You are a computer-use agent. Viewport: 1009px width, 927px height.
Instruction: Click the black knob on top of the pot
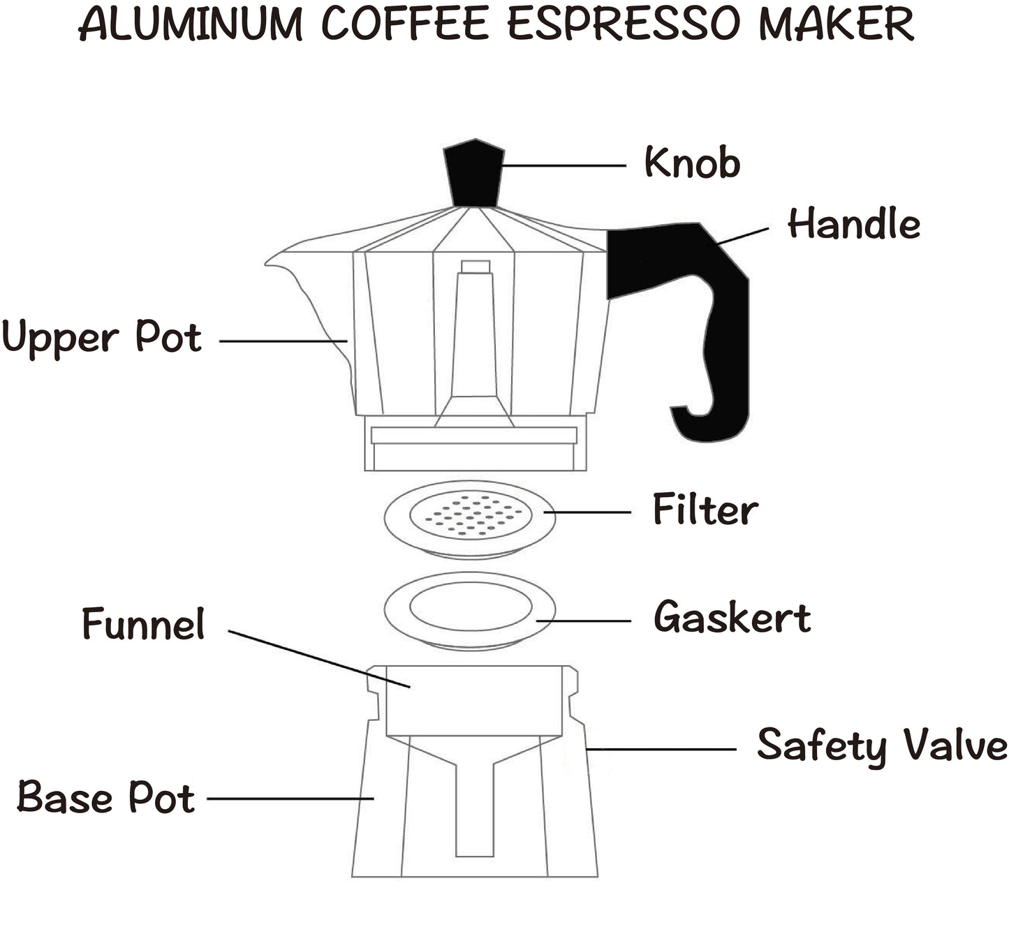[x=474, y=173]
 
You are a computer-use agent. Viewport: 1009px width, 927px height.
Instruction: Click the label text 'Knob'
[x=691, y=163]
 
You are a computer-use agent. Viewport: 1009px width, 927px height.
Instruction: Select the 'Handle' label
[x=853, y=225]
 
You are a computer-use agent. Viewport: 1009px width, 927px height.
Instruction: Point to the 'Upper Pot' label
[x=102, y=338]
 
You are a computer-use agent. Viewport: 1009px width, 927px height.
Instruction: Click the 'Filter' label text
[x=705, y=510]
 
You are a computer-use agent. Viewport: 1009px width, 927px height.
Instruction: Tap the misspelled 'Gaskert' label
[x=732, y=618]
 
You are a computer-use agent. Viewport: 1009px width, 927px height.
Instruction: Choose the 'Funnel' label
[x=143, y=623]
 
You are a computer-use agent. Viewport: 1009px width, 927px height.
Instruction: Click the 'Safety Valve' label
[x=882, y=746]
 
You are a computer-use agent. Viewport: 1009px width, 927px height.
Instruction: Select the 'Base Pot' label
[x=105, y=797]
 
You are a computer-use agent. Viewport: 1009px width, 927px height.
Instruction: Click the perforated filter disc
[x=470, y=517]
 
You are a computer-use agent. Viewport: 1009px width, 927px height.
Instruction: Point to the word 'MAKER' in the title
[x=836, y=24]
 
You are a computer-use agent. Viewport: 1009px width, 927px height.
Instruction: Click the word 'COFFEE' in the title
[x=404, y=24]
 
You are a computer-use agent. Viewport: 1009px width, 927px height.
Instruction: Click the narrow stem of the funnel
[x=475, y=810]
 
